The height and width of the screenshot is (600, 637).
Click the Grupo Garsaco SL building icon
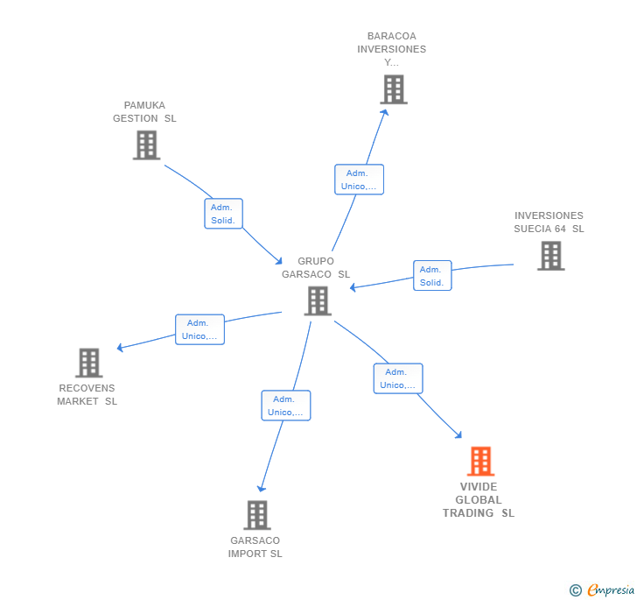click(318, 300)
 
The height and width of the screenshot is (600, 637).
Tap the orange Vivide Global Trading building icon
click(480, 461)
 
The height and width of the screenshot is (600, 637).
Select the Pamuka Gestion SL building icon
click(146, 145)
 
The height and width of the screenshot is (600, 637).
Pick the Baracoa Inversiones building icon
click(394, 89)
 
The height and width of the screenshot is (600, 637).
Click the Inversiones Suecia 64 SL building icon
click(550, 256)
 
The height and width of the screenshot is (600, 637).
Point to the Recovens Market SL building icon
click(88, 363)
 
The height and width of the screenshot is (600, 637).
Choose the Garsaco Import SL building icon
click(256, 515)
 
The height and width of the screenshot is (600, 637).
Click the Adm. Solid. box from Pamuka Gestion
click(223, 214)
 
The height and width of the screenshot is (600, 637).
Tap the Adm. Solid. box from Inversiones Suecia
click(432, 276)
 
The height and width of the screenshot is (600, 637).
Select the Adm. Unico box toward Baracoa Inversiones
click(359, 180)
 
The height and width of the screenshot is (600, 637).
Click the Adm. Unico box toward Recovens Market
click(199, 329)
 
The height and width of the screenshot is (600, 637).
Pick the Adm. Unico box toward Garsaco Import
click(285, 406)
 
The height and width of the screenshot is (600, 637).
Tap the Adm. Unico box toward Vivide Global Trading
click(398, 378)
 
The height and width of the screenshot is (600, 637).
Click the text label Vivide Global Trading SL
click(479, 500)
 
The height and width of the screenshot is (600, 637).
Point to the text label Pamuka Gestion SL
click(144, 112)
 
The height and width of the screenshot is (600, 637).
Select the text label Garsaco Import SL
click(255, 547)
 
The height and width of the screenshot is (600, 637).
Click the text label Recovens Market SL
click(87, 395)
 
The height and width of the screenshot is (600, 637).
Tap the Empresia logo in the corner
click(602, 590)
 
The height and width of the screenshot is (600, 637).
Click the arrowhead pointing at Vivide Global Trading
click(458, 434)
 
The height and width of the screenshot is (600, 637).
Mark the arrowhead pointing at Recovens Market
click(120, 348)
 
